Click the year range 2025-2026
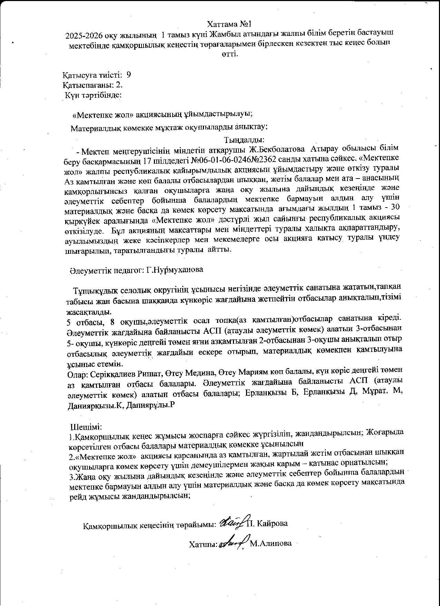point(85,34)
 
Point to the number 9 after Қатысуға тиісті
point(129,75)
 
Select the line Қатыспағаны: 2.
point(92,85)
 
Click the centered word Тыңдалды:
point(244,140)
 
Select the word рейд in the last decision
point(77,496)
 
